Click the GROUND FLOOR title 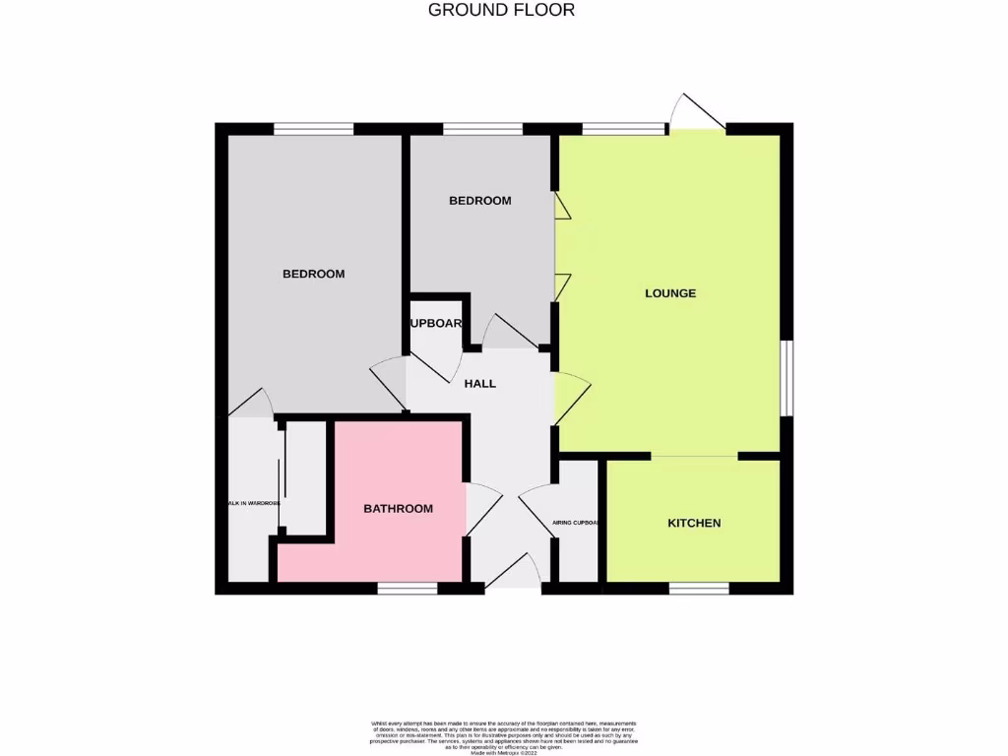[502, 10]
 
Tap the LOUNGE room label [670, 293]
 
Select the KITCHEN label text [694, 523]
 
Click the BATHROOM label [399, 509]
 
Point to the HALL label [480, 383]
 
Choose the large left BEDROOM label [314, 274]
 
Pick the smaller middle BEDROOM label [480, 201]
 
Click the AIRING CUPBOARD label [576, 523]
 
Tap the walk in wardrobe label [252, 503]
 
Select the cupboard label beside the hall [435, 323]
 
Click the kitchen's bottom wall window [699, 588]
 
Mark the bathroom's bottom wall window [408, 588]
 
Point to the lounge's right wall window [787, 378]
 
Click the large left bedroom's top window [313, 128]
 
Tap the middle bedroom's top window [482, 128]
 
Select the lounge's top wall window [623, 128]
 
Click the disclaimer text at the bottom [504, 736]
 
